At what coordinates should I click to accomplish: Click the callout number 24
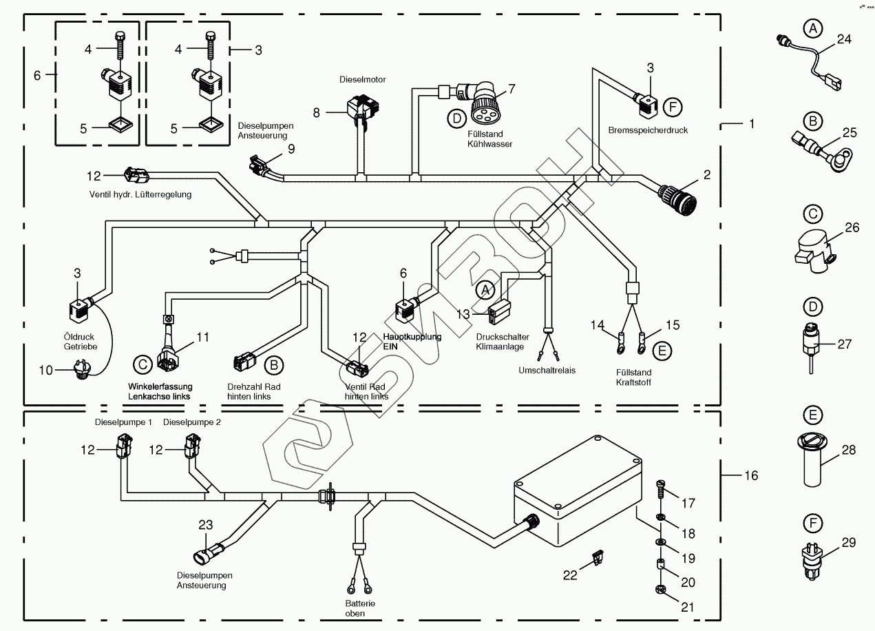pos(844,39)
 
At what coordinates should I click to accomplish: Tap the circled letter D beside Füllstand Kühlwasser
pos(456,118)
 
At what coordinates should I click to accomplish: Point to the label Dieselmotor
pos(363,80)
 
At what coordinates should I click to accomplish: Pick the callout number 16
pos(750,475)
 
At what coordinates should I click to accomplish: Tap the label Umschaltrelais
pos(547,370)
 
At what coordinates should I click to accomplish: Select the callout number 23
pos(207,525)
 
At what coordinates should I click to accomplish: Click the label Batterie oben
pos(355,608)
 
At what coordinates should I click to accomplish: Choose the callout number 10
pos(45,371)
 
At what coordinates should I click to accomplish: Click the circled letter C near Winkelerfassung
pos(141,364)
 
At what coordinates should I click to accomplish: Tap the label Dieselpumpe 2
pos(192,422)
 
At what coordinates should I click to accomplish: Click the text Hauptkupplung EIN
pos(412,342)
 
